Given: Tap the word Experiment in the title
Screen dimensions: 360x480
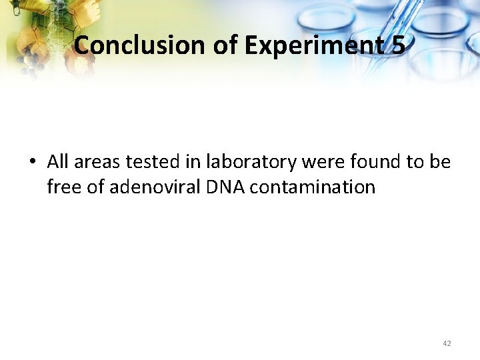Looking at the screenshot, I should pyautogui.click(x=313, y=45).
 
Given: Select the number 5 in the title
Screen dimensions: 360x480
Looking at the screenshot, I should pyautogui.click(x=399, y=45).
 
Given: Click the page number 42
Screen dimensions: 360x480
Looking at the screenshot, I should pyautogui.click(x=447, y=343).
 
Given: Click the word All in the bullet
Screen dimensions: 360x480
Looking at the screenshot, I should pyautogui.click(x=59, y=162).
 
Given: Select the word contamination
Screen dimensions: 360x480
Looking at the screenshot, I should pyautogui.click(x=313, y=187).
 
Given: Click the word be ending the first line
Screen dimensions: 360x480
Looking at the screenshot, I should pyautogui.click(x=440, y=162).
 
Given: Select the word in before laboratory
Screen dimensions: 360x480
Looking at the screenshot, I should pyautogui.click(x=193, y=162).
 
